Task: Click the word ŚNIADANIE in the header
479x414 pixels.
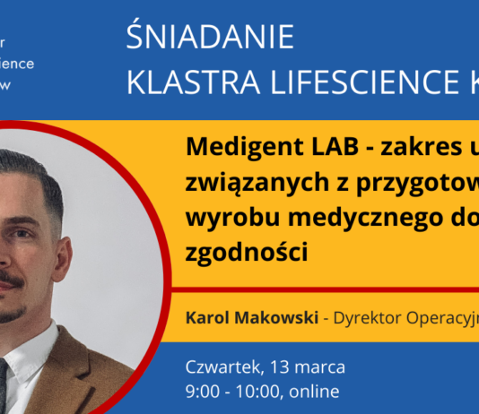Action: point(210,39)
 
